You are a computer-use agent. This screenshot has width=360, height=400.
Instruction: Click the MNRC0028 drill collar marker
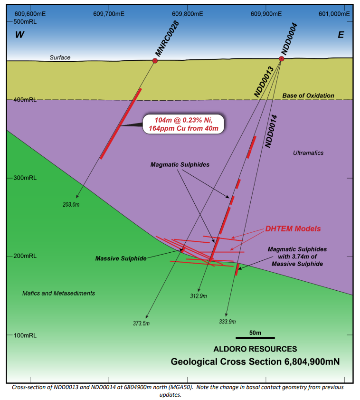tap(155, 61)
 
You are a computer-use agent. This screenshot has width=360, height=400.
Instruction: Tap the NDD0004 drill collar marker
tap(282, 59)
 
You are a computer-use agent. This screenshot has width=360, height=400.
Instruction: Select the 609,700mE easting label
tap(109, 14)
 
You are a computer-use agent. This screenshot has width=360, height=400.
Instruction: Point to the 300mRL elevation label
tap(25, 178)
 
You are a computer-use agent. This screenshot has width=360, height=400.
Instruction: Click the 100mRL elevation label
tap(25, 335)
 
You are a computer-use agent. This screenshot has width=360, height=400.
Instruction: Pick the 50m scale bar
tap(255, 338)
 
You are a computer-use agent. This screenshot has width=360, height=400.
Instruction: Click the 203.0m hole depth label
tap(71, 205)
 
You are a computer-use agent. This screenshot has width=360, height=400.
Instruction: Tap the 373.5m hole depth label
tap(141, 324)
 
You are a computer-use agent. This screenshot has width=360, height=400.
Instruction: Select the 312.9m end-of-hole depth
tap(199, 296)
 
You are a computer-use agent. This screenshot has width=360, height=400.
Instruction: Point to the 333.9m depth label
tap(227, 322)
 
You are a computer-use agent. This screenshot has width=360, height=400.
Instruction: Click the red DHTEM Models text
tap(293, 229)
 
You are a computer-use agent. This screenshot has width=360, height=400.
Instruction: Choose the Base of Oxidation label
tap(308, 95)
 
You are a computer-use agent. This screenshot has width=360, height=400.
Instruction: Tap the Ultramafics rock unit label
tap(308, 153)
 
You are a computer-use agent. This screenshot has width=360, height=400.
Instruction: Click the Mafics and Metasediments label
tap(58, 294)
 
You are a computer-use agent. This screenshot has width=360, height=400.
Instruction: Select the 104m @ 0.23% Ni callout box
tap(184, 124)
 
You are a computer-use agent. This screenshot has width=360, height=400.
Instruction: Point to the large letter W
tap(19, 35)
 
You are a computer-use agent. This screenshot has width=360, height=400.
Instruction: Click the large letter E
tap(341, 35)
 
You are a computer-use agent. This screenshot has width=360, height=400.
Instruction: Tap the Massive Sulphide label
tap(121, 258)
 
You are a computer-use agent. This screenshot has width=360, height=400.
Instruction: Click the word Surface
tap(60, 57)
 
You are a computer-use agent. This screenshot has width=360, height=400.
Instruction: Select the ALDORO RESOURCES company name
tap(255, 349)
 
